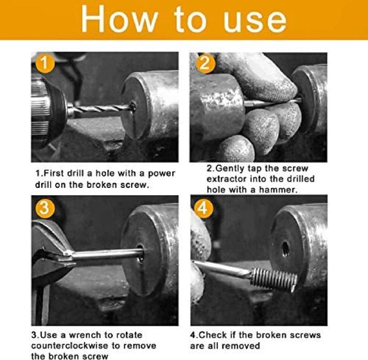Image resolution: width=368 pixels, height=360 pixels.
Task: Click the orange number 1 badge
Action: [x=45, y=63]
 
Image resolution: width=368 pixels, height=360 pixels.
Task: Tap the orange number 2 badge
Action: [x=205, y=63]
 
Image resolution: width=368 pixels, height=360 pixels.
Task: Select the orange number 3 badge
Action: [x=45, y=208]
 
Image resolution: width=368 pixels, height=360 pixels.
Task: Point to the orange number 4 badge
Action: [x=204, y=208]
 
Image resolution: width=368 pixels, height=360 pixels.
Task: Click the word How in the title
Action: [x=120, y=19]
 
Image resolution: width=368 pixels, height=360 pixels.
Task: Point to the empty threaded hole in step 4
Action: [x=285, y=249]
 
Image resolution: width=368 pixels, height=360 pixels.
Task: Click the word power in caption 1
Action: [x=161, y=174]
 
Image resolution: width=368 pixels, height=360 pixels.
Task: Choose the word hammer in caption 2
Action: [x=278, y=190]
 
